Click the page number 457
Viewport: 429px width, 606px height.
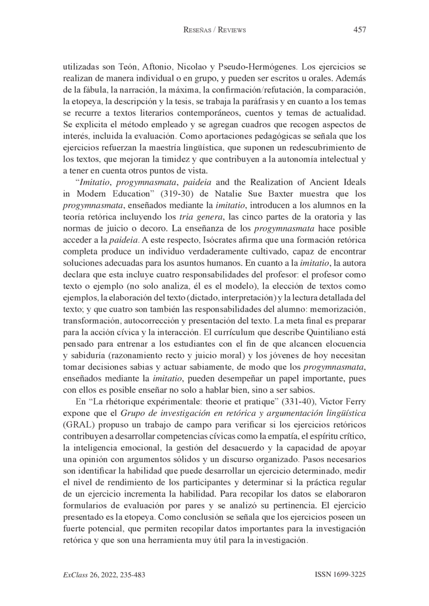tap(359, 30)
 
